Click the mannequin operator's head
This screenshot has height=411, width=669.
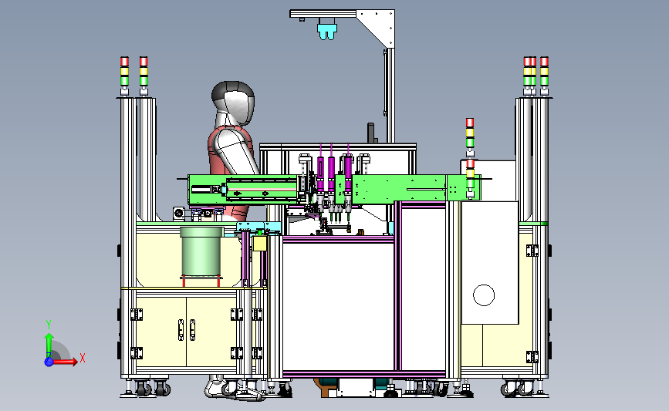(x=233, y=103)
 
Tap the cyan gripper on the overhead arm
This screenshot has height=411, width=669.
(x=327, y=30)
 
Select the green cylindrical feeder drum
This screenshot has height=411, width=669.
(x=201, y=252)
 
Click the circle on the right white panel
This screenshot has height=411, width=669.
(x=484, y=295)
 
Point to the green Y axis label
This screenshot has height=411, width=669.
(x=49, y=325)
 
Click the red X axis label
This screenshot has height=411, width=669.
(x=83, y=358)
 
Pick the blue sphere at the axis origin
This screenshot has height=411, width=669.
(x=49, y=362)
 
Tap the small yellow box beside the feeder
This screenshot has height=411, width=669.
(x=259, y=243)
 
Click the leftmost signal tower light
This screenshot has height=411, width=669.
(x=124, y=76)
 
